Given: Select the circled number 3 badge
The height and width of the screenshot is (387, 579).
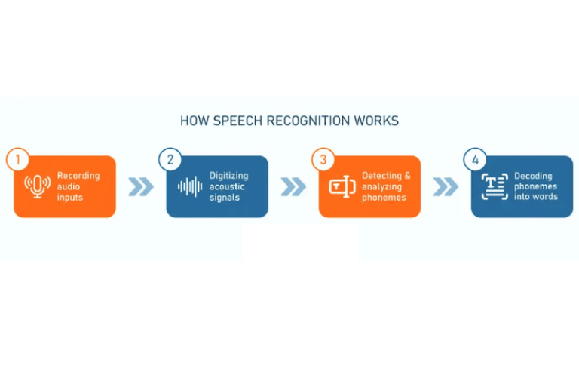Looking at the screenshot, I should (323, 160).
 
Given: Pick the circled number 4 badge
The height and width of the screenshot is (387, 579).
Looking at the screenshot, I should (475, 160).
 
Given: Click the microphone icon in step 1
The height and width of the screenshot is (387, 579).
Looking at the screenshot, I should (37, 186).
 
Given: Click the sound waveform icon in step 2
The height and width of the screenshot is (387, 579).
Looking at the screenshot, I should (190, 186).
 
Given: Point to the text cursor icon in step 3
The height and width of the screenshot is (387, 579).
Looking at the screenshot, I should (342, 186).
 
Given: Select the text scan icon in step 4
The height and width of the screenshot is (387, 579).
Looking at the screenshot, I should (495, 186).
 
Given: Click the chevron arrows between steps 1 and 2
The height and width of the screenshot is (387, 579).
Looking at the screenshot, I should (140, 186).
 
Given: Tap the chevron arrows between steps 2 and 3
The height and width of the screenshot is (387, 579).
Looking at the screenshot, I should (293, 186).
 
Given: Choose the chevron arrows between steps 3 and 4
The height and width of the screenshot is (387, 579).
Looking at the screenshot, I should (446, 186).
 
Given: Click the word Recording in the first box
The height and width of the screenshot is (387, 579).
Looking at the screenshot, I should (78, 176).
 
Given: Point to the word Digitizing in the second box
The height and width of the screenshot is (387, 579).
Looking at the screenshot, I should (230, 176).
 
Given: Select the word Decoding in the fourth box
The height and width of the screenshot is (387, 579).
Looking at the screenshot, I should (534, 176).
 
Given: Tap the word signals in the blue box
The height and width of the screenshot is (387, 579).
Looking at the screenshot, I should (224, 198).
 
